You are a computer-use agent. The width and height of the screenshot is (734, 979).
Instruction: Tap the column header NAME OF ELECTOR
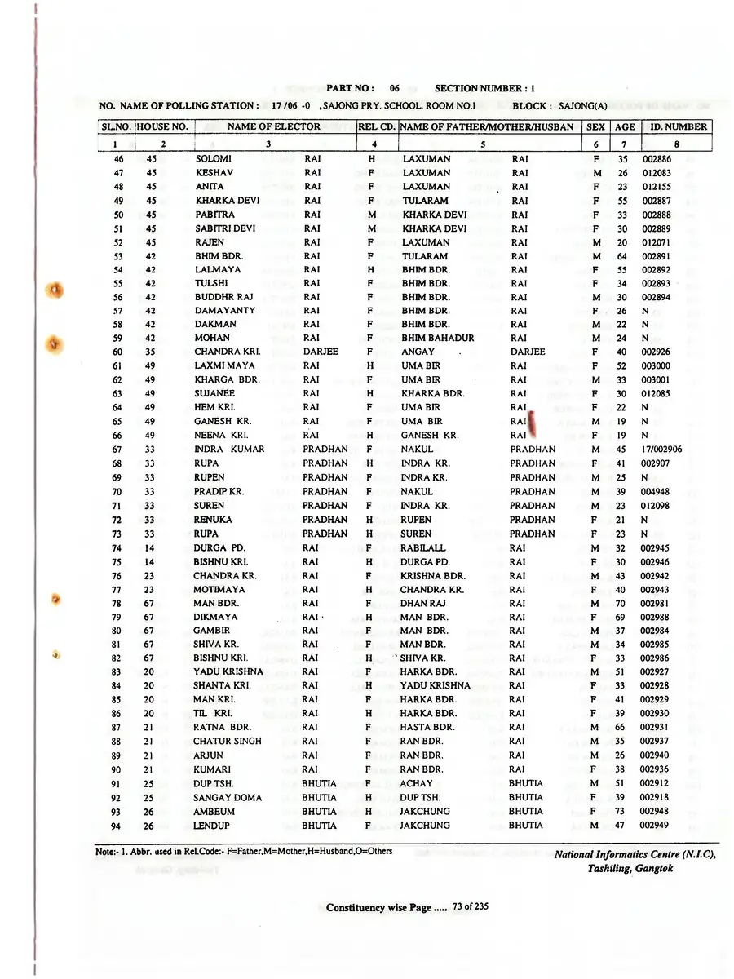pyautogui.click(x=273, y=126)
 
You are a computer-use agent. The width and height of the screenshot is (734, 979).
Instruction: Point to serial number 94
pyautogui.click(x=117, y=826)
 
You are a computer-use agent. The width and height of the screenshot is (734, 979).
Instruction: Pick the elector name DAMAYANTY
pyautogui.click(x=224, y=311)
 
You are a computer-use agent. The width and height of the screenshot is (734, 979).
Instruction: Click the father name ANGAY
pyautogui.click(x=418, y=352)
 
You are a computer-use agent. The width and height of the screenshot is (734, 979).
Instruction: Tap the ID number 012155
pyautogui.click(x=657, y=187)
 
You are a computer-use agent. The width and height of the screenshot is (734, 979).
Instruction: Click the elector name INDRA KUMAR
pyautogui.click(x=228, y=450)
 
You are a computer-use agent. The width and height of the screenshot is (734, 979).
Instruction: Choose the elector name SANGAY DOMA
pyautogui.click(x=228, y=798)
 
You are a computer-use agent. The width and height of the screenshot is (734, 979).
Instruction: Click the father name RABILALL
pyautogui.click(x=422, y=548)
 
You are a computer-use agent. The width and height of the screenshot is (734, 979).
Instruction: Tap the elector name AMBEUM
pyautogui.click(x=214, y=812)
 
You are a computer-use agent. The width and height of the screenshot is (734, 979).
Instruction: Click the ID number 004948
pyautogui.click(x=655, y=492)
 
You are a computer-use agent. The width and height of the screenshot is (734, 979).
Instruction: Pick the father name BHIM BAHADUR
pyautogui.click(x=437, y=339)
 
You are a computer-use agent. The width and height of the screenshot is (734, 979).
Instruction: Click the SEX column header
pyautogui.click(x=595, y=126)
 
